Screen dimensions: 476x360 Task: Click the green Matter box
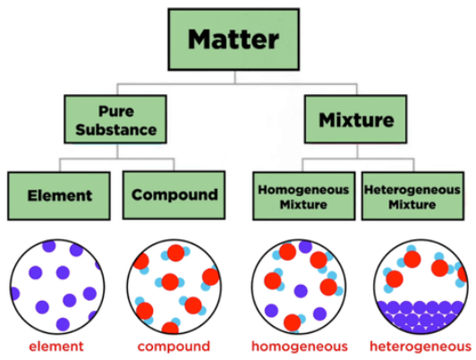[234, 39]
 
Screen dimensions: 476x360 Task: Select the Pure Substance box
[115, 119]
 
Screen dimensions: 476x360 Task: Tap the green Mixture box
[356, 119]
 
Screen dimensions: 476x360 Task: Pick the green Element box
[59, 196]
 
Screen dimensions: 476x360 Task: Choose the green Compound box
[174, 195]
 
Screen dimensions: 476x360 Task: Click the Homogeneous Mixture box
[304, 196]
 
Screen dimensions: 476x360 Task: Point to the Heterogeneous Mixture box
[412, 196]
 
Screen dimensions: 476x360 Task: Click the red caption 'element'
[56, 347]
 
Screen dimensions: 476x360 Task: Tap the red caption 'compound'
[174, 347]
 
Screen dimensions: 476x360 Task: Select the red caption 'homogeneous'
[300, 347]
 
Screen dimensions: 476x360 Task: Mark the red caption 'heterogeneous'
[421, 347]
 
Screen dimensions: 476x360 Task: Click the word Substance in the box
[116, 130]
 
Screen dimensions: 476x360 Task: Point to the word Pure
[116, 111]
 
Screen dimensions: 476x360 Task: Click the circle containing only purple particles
[57, 287]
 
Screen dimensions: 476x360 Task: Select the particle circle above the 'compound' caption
[174, 287]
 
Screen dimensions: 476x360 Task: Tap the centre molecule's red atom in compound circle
[170, 282]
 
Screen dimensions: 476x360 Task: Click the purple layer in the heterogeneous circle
[421, 316]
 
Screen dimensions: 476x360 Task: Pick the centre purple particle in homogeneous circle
[301, 291]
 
